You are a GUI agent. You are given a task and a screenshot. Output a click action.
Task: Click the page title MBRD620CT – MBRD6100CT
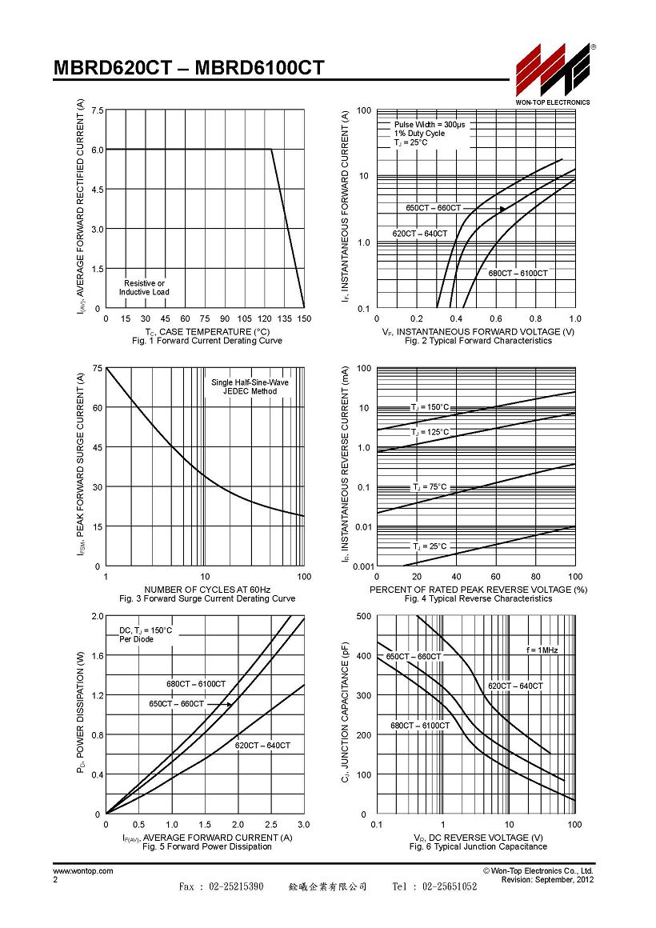pos(189,68)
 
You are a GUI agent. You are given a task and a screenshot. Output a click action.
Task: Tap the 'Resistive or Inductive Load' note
pos(144,288)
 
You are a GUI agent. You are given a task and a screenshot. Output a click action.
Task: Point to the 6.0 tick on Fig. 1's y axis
pos(98,150)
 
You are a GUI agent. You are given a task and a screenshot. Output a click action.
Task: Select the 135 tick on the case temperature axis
pos(284,318)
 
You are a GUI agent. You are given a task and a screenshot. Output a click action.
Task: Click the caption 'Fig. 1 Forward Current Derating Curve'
pos(207,341)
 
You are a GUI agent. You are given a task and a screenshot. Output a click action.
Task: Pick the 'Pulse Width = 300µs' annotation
pos(430,124)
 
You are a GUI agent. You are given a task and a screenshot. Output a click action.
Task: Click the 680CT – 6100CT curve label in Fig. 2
pos(518,274)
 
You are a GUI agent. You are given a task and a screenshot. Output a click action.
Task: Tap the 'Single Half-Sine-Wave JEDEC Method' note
pos(250,386)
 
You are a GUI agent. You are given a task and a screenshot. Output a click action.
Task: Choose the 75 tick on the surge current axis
pos(98,368)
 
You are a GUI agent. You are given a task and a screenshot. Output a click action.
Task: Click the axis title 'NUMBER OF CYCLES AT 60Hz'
pos(207,590)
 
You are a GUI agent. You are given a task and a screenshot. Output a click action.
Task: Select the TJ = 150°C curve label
pos(430,407)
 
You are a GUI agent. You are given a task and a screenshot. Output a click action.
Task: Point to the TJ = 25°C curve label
pos(430,546)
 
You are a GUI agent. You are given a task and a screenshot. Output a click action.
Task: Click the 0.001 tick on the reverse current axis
pos(363,566)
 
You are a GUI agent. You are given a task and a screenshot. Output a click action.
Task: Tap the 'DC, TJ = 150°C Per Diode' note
pos(146,634)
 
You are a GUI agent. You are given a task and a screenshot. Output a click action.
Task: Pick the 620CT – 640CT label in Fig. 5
pos(262,746)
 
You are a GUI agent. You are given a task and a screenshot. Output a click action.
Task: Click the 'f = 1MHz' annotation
pos(542,650)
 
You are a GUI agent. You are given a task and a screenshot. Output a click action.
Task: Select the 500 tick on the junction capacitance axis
pos(364,616)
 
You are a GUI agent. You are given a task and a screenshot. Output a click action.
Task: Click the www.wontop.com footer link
pos(83,870)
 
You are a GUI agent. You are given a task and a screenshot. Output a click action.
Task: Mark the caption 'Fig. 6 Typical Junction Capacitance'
pos(478,847)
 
